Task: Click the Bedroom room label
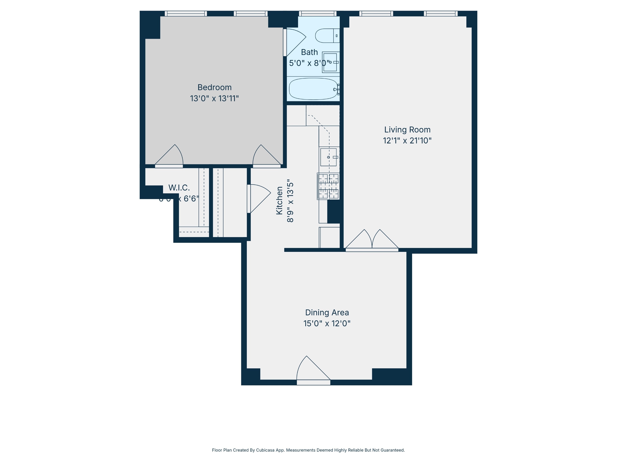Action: pos(214,87)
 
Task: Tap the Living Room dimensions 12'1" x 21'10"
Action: pos(407,140)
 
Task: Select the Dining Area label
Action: pos(327,312)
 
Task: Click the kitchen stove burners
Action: pos(328,186)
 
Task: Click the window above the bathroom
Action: pos(317,13)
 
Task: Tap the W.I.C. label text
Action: pos(179,188)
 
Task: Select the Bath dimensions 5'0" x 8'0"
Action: pos(309,63)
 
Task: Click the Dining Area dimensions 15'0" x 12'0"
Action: pos(327,323)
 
